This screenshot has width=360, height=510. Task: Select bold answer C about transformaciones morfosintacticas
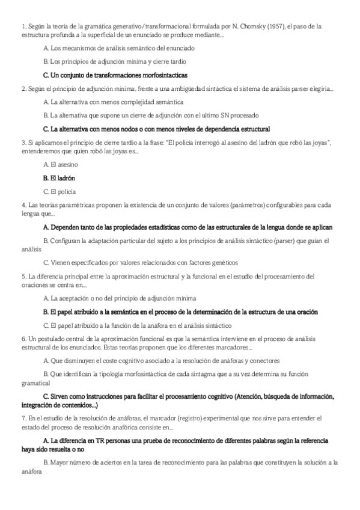[x=115, y=75]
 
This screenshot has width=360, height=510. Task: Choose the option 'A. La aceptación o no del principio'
[x=120, y=298]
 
